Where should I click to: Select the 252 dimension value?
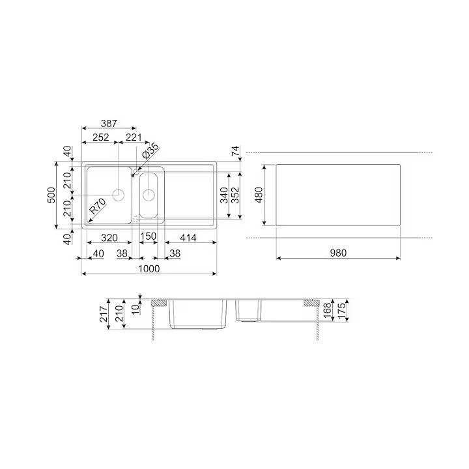[100, 137]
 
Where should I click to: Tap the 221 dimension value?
[134, 137]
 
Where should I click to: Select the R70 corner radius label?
[97, 208]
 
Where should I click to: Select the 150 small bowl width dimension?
[149, 238]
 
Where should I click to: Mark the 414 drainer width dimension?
[188, 238]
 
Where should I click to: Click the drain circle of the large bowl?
[119, 194]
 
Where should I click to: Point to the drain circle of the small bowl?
[149, 194]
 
